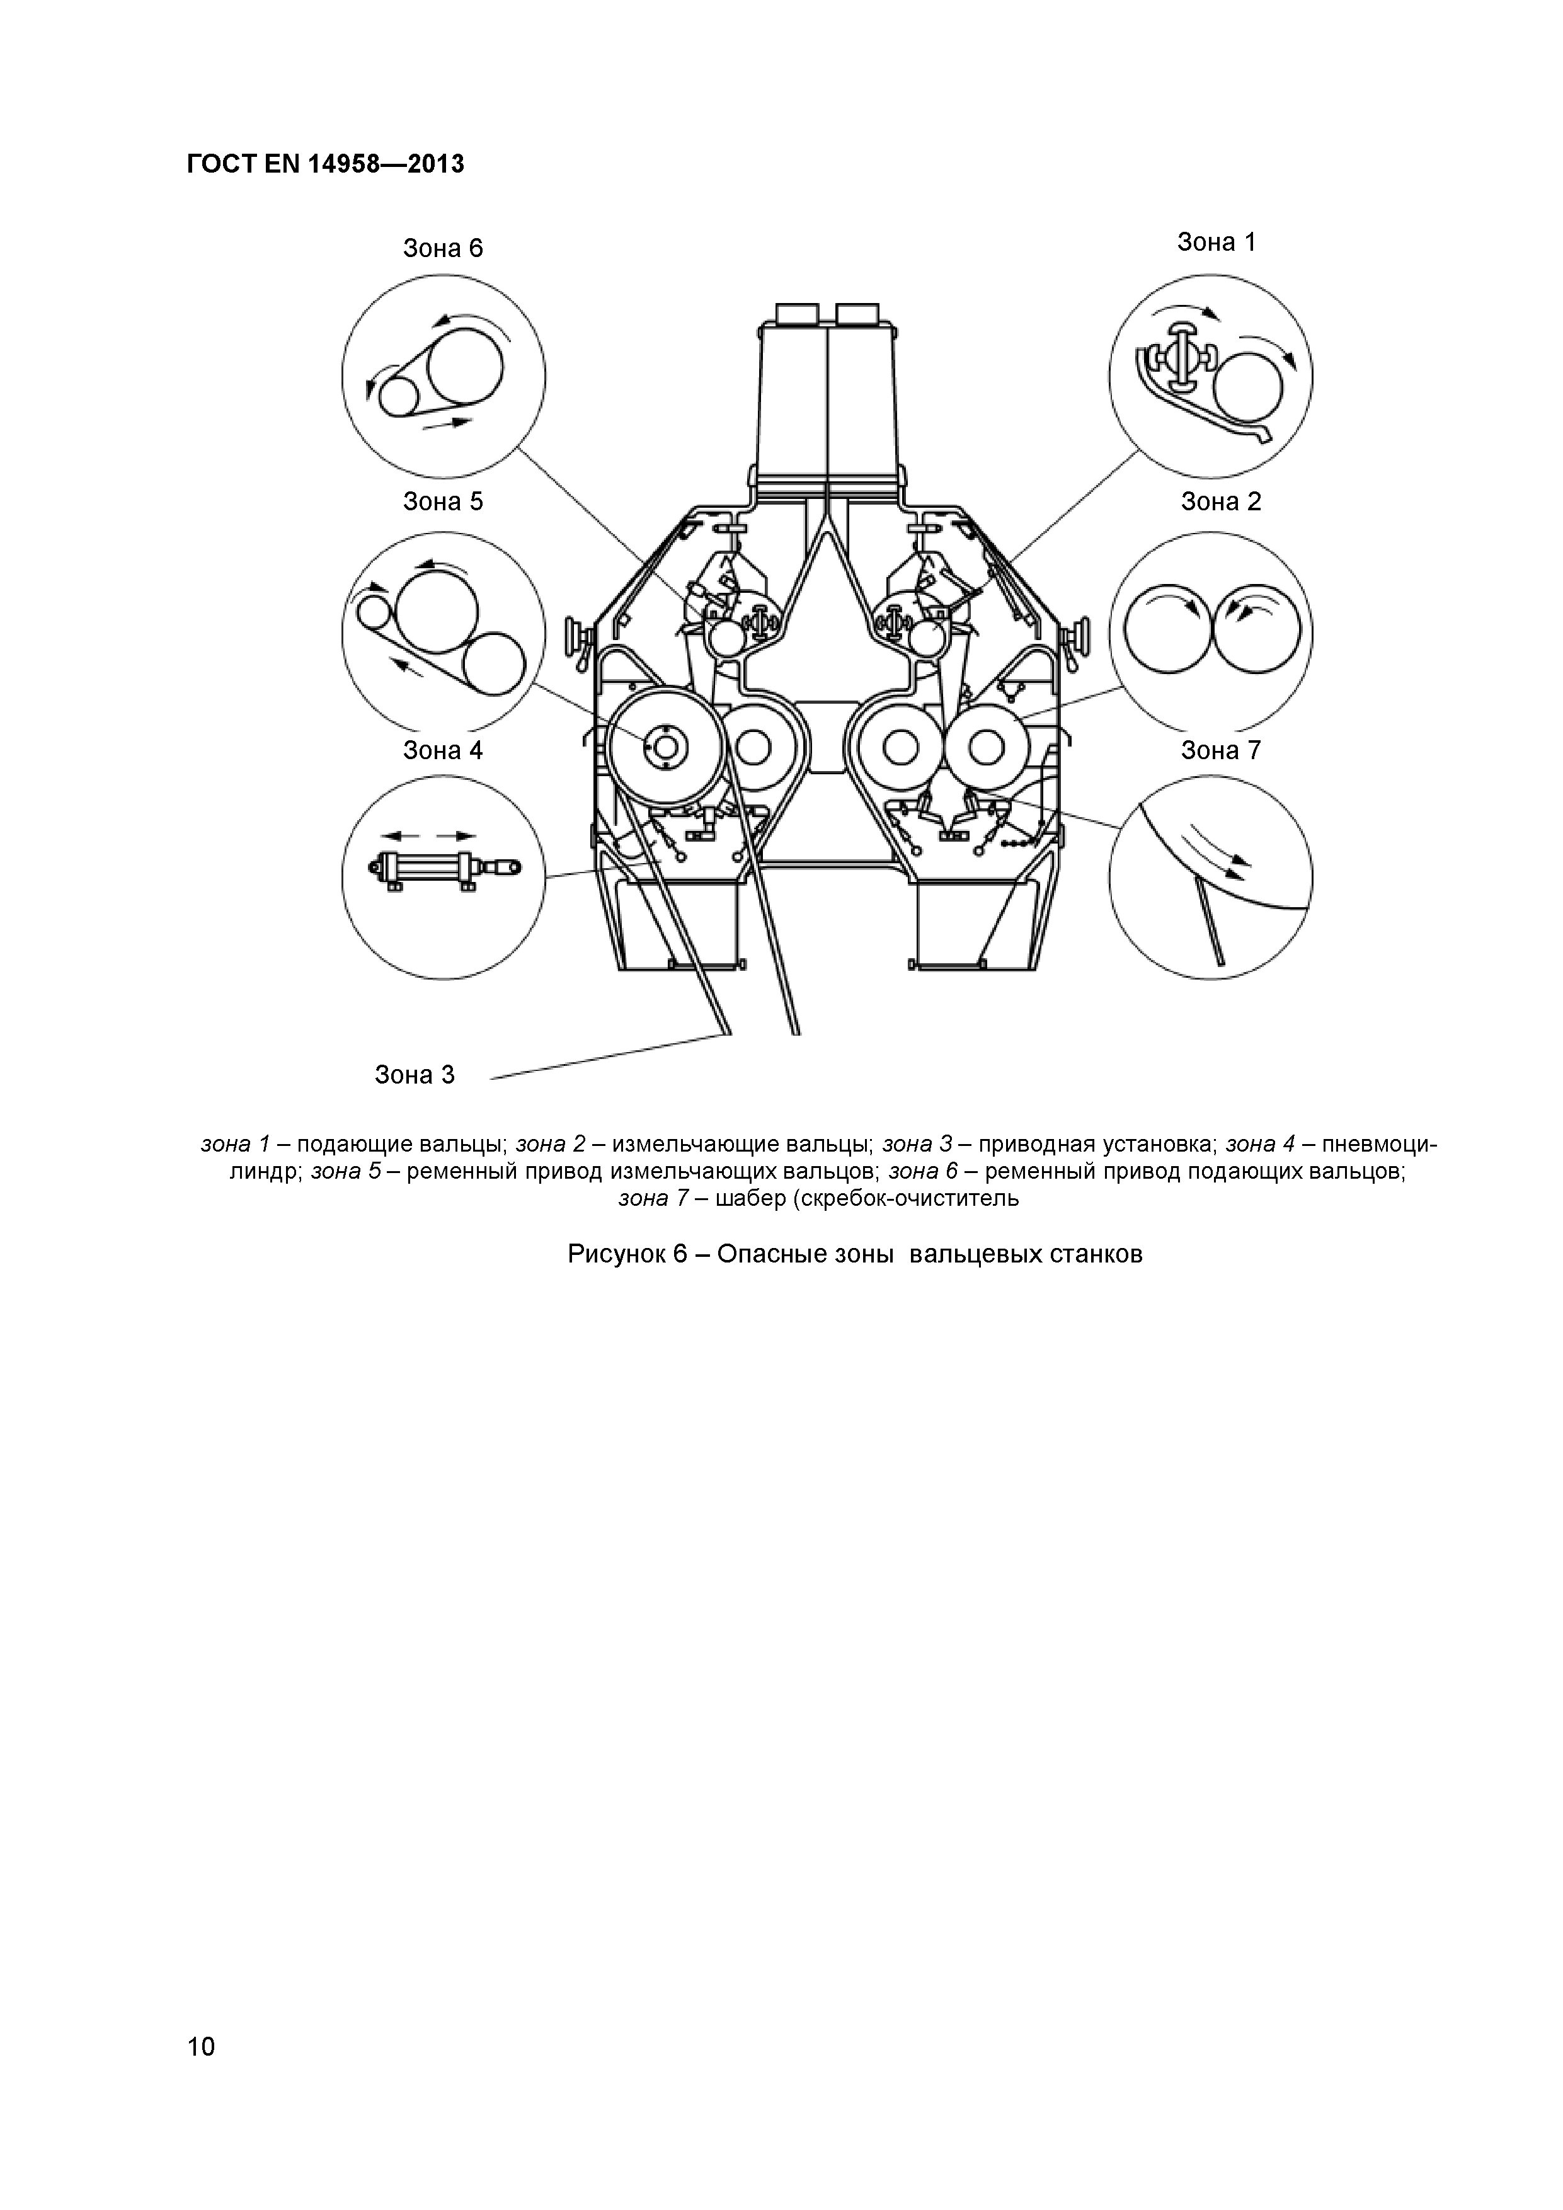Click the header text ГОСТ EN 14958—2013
325,164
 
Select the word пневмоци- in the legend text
1379,1145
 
